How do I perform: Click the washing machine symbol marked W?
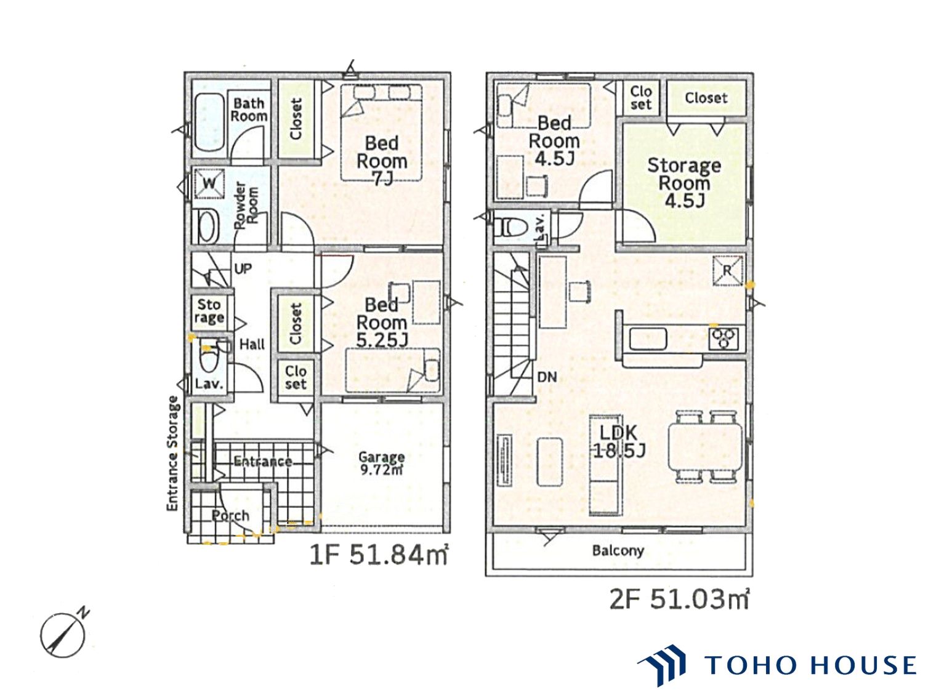pos(209,183)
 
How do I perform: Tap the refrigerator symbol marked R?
pos(727,271)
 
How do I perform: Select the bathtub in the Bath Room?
pos(209,123)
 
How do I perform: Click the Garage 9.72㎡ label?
pos(381,463)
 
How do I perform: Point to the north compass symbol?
pos(63,635)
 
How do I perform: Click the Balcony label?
pos(618,550)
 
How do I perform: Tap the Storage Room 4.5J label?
pos(684,183)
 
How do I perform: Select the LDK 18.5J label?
pos(618,441)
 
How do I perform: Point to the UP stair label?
pos(243,268)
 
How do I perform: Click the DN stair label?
pos(547,377)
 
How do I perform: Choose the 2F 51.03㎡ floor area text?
pos(679,600)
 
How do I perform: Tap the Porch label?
pos(230,516)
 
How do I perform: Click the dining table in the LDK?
pos(705,447)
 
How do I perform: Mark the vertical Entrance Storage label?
pos(172,454)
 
